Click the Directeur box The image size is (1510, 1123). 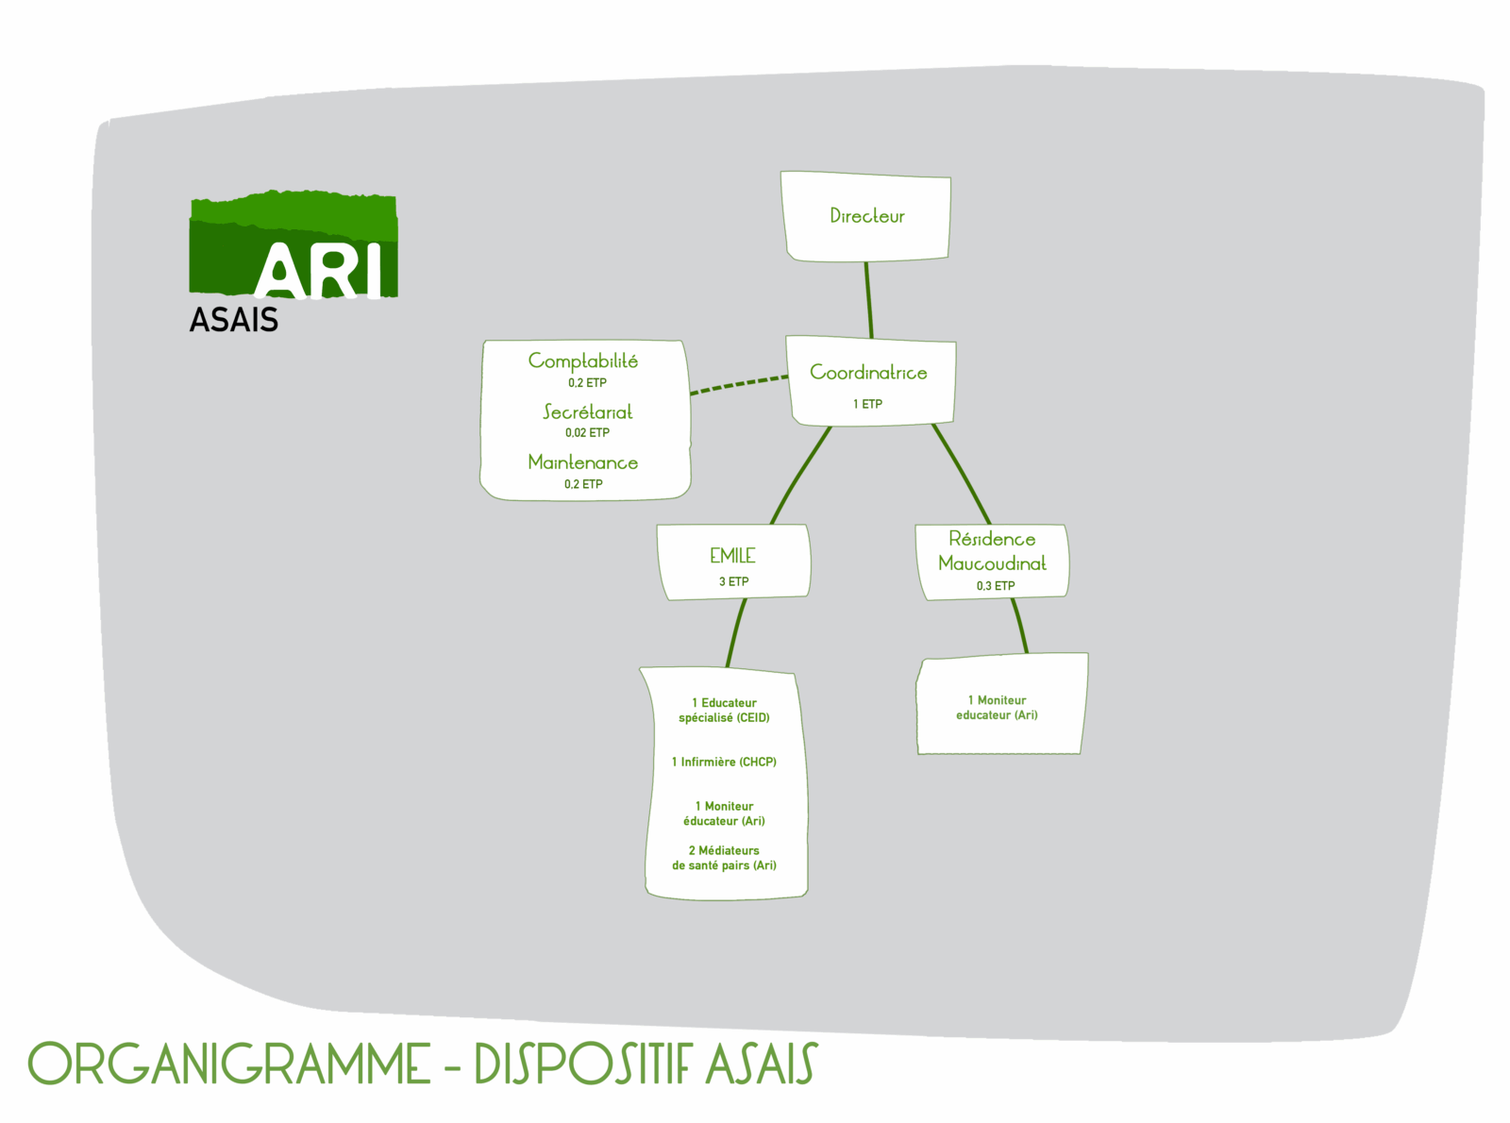click(865, 216)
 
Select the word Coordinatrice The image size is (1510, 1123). click(868, 373)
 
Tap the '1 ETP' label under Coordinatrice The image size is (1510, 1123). click(867, 404)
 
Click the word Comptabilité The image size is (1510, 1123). click(582, 361)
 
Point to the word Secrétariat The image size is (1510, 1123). click(587, 412)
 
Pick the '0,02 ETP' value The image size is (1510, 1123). click(587, 433)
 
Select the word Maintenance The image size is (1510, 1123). click(582, 462)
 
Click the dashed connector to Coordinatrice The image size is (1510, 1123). click(738, 385)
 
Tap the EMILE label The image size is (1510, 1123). click(732, 556)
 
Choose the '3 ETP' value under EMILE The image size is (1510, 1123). click(733, 581)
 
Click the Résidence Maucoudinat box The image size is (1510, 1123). click(992, 561)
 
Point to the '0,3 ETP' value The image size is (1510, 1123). click(996, 586)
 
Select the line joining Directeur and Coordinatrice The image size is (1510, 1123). click(868, 299)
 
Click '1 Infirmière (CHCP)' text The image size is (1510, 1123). click(724, 763)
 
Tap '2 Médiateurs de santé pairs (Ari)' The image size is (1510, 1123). click(724, 858)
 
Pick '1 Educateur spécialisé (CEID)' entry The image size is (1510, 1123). click(724, 711)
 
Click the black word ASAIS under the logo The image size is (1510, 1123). click(234, 320)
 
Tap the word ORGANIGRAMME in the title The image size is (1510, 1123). click(229, 1064)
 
